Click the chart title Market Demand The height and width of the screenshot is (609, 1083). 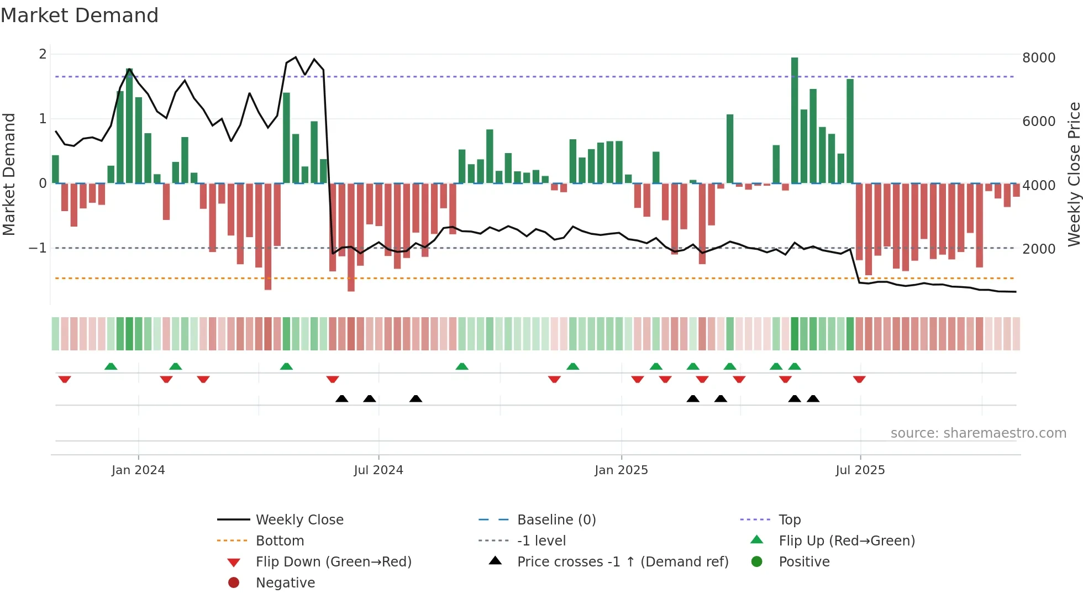pos(80,15)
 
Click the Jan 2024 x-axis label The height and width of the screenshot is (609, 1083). pos(138,470)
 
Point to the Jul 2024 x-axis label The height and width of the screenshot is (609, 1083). pos(378,470)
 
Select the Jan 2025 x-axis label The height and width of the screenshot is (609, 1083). pos(621,470)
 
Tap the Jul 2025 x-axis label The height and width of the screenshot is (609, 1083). pos(860,470)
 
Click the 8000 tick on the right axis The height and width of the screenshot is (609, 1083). pos(1038,58)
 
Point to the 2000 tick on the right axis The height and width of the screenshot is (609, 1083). pos(1038,249)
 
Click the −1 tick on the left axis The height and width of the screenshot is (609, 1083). pos(38,248)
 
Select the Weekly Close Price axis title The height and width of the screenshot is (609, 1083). pos(1074,174)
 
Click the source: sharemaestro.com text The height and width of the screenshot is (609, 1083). pos(978,433)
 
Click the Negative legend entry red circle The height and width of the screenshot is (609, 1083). pos(234,583)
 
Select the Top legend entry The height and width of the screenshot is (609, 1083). pos(789,520)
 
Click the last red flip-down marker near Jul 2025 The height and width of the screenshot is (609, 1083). pos(859,379)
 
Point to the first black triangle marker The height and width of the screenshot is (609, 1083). pos(342,398)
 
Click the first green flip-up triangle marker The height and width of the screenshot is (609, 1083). pos(111,366)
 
